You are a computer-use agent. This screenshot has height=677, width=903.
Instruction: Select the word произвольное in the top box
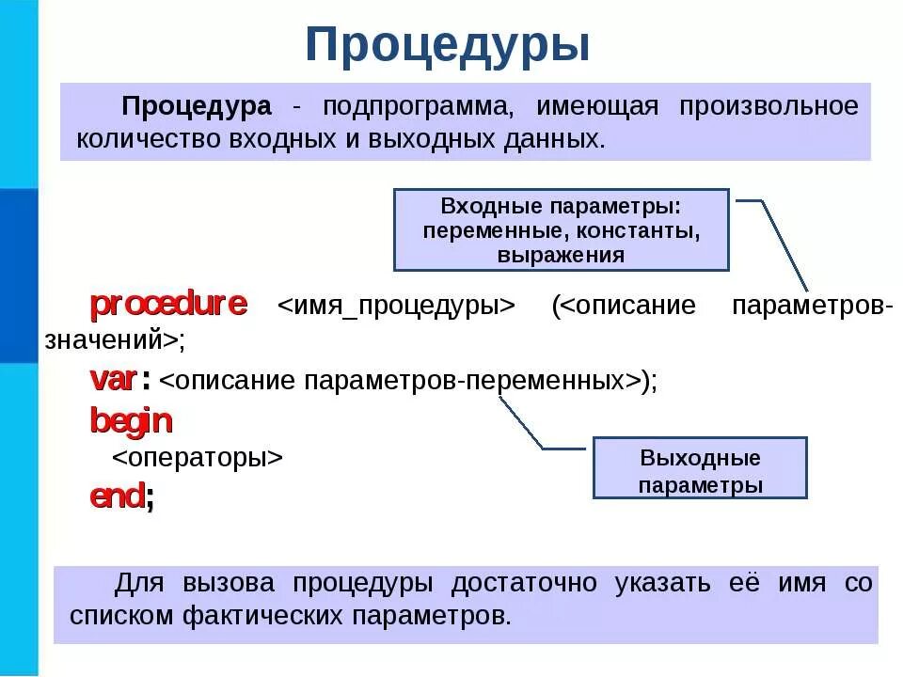coord(768,106)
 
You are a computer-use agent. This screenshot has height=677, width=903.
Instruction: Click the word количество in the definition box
coord(148,139)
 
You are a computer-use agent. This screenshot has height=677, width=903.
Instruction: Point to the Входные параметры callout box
coord(561,229)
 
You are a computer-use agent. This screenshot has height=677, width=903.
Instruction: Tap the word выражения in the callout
coord(561,254)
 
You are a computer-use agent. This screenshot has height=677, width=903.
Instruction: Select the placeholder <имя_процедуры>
coord(397,307)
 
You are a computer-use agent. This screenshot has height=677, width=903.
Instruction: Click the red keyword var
coord(113,379)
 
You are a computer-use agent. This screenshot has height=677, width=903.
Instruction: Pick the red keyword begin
coord(131,420)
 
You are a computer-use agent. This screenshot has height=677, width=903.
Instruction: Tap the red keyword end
coord(118,496)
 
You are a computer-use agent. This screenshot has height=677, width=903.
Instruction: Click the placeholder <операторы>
coord(198,458)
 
